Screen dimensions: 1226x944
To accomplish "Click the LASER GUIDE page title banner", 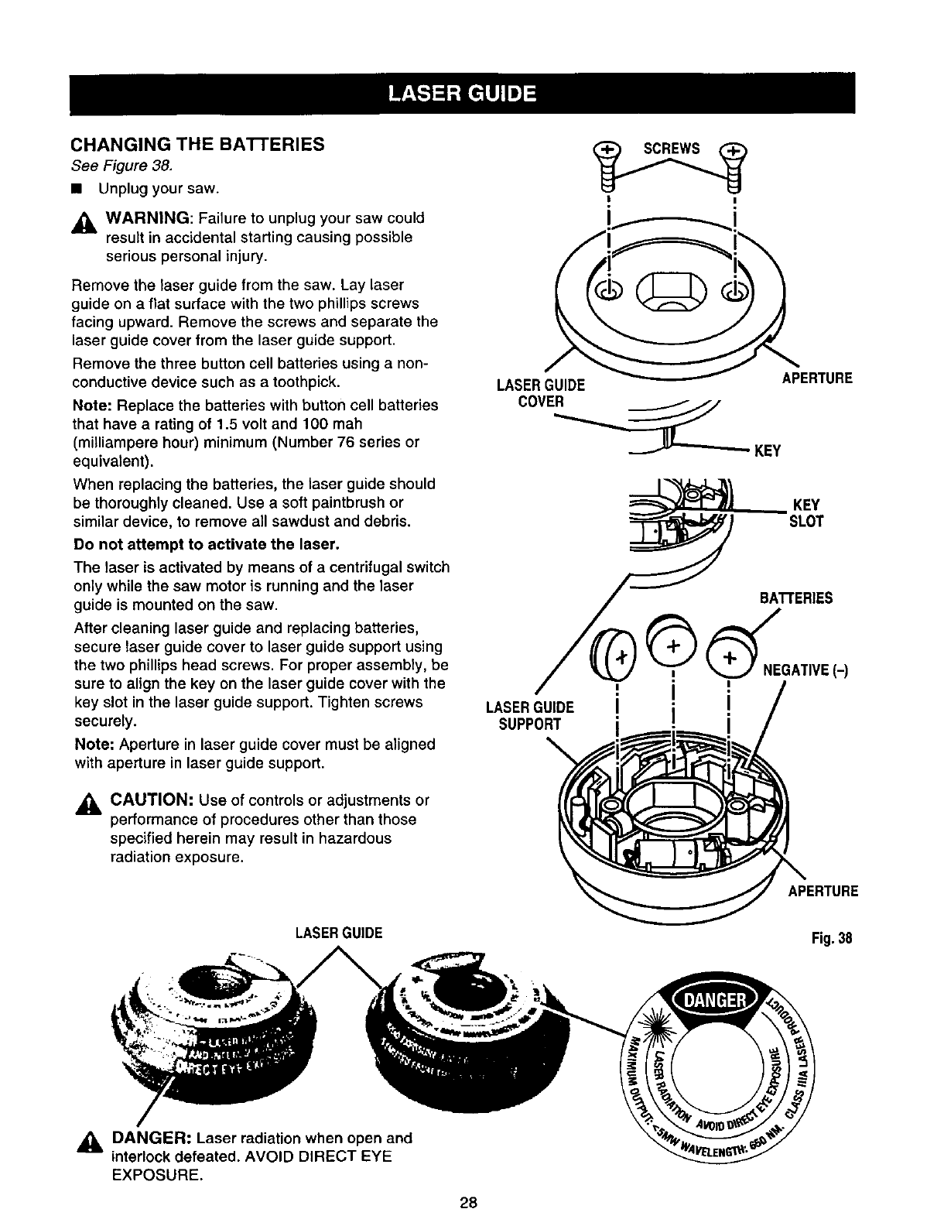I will click(x=462, y=93).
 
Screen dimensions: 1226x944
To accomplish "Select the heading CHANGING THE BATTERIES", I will click(x=197, y=145).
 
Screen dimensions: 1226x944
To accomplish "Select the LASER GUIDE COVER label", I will click(x=541, y=392).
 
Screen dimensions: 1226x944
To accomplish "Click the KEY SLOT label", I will click(x=805, y=514).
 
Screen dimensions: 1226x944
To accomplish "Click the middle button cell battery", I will click(x=672, y=646).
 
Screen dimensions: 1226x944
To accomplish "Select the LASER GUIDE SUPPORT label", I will click(x=529, y=715).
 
